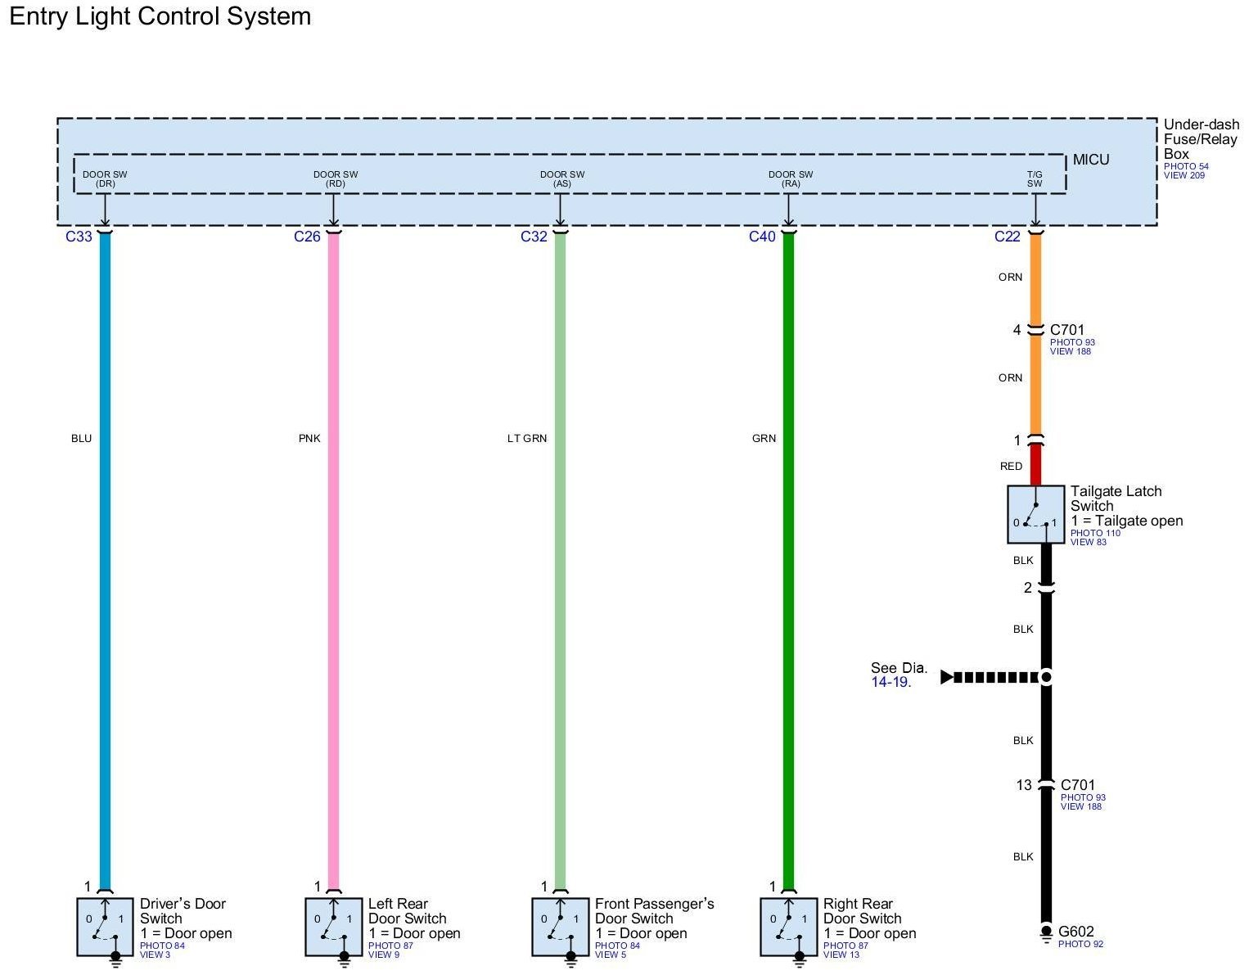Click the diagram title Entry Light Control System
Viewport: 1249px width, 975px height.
click(160, 16)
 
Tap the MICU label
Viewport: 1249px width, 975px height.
click(1091, 160)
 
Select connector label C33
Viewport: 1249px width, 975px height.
click(79, 237)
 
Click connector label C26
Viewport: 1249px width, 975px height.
click(307, 237)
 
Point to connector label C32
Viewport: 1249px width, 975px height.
click(534, 237)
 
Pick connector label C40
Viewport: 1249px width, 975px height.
click(762, 237)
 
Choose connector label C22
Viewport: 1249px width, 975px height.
click(1008, 237)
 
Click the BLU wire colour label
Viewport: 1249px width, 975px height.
click(81, 439)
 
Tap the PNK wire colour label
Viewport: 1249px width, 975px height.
click(309, 439)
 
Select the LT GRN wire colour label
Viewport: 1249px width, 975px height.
click(527, 439)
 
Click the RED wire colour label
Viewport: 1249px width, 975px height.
click(1011, 467)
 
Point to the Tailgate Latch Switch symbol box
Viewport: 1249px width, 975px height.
click(1035, 514)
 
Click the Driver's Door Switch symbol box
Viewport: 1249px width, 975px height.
click(106, 926)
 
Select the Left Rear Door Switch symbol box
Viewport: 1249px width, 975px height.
click(334, 926)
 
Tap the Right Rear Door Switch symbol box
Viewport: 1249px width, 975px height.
click(789, 926)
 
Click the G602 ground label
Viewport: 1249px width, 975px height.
click(1075, 932)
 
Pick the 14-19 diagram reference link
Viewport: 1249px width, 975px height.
click(891, 682)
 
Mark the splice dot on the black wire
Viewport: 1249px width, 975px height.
click(1045, 677)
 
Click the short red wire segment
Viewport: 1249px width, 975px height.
click(1035, 464)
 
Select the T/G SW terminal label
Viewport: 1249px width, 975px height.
click(1035, 178)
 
